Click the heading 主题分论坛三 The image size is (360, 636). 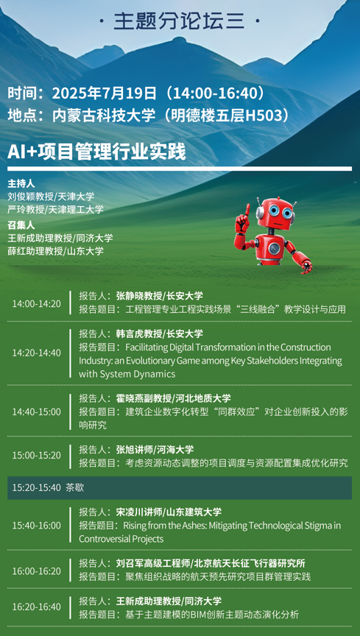click(x=180, y=21)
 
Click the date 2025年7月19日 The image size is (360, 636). click(x=105, y=93)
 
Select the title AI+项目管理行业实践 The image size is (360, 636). click(x=96, y=152)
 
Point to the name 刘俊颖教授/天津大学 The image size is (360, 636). click(x=51, y=197)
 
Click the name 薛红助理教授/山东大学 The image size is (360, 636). click(x=56, y=251)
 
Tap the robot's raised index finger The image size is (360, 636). click(x=247, y=208)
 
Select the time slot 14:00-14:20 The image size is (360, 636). click(x=36, y=303)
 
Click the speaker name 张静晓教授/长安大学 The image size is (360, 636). click(x=160, y=295)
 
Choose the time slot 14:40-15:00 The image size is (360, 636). click(x=36, y=411)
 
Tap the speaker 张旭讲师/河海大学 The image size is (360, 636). click(x=155, y=450)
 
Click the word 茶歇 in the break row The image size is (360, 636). click(x=74, y=487)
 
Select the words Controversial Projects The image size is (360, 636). click(x=121, y=539)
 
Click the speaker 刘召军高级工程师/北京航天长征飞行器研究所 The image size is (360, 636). click(x=211, y=563)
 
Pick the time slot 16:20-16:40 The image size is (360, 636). click(x=36, y=607)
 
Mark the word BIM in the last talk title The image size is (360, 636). click(x=199, y=615)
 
